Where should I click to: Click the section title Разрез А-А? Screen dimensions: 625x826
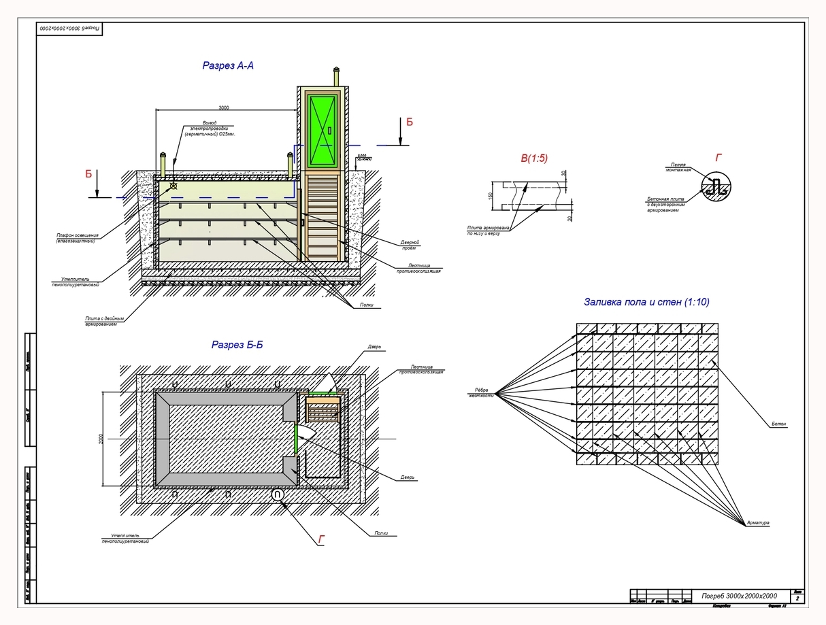[x=228, y=66]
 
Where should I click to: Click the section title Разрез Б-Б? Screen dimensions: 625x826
[x=237, y=345]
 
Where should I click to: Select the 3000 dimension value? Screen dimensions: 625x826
[x=223, y=107]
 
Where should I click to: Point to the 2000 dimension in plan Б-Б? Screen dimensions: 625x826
[x=100, y=439]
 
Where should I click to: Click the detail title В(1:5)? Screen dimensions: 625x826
[x=534, y=158]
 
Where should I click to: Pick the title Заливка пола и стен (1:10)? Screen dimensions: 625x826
[x=646, y=302]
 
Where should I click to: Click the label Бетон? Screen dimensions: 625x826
[x=778, y=424]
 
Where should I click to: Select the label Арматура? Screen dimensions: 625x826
[x=757, y=523]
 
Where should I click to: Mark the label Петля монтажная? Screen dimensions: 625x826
[x=680, y=167]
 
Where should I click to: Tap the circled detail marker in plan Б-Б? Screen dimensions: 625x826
[x=278, y=496]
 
